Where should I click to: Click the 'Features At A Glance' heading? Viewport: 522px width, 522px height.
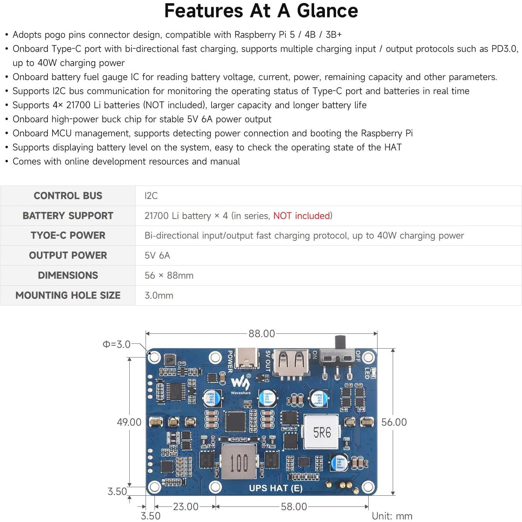261,11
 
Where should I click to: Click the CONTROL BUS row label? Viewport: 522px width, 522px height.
68,196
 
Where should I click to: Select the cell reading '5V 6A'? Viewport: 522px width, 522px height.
157,255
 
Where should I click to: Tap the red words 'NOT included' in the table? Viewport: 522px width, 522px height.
302,216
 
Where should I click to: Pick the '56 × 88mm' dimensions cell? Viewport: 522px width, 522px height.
169,275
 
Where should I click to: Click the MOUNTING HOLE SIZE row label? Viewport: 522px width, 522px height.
68,295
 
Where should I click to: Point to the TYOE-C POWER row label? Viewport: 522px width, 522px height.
68,235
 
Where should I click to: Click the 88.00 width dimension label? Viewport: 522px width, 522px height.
262,333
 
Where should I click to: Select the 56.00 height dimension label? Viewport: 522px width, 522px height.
394,422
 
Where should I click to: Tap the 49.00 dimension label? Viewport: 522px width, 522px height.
129,422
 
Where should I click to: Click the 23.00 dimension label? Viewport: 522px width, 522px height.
186,506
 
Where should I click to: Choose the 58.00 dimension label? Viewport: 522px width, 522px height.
294,506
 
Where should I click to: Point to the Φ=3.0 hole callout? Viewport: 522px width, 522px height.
116,344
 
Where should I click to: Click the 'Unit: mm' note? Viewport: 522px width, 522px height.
392,516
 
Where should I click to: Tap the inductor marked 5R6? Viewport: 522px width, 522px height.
322,432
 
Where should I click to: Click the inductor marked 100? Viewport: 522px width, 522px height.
239,462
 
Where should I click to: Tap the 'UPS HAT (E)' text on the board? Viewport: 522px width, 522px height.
276,488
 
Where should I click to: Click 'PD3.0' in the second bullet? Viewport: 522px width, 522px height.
504,49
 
